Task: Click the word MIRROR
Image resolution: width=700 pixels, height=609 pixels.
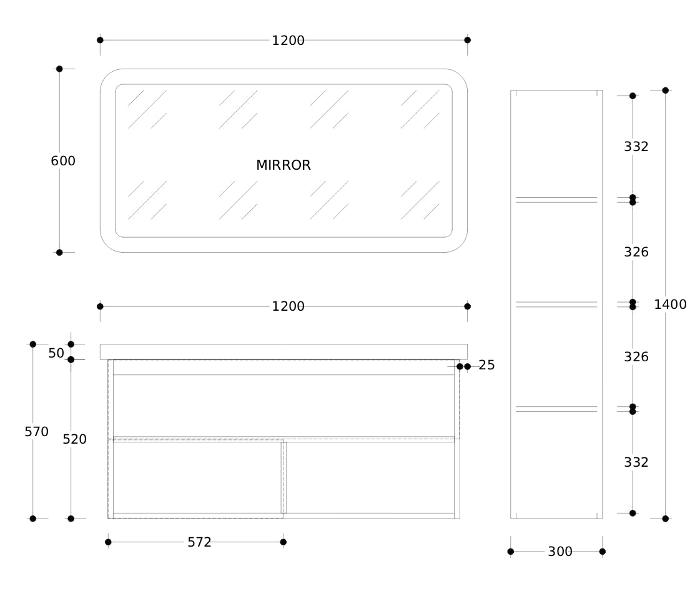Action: (x=283, y=165)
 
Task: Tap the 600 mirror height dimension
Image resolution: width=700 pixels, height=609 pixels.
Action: (x=63, y=160)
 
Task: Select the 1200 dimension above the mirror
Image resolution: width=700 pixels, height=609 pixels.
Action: (x=288, y=41)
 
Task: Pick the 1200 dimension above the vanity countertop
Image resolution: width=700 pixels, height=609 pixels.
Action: (x=288, y=306)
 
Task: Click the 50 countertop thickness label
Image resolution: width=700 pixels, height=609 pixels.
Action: (x=56, y=353)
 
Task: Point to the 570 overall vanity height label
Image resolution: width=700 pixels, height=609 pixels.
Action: (x=37, y=432)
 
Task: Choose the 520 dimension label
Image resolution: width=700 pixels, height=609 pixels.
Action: (x=74, y=439)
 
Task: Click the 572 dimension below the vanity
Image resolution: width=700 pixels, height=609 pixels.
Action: (x=200, y=542)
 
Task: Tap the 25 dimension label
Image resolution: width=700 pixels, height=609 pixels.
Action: (x=486, y=366)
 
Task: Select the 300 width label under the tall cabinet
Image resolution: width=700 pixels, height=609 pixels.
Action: (x=560, y=552)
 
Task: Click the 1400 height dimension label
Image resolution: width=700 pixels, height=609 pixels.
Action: (x=670, y=304)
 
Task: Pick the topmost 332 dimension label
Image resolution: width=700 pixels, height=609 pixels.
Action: (x=636, y=147)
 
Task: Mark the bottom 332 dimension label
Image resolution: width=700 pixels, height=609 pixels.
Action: (x=636, y=462)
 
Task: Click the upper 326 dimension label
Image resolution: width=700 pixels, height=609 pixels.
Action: (x=636, y=252)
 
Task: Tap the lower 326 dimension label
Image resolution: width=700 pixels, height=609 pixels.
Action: (x=636, y=357)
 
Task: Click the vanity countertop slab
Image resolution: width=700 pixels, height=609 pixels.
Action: (x=283, y=351)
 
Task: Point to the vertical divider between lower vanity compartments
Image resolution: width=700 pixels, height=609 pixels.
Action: (x=283, y=477)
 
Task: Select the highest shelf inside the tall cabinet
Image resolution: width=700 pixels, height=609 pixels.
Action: (x=556, y=200)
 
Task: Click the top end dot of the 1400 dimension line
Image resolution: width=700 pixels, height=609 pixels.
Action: (x=665, y=90)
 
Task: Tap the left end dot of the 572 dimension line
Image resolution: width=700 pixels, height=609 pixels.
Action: (x=108, y=542)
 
